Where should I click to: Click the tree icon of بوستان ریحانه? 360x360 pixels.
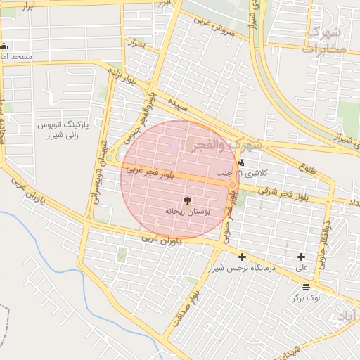pyautogui.click(x=186, y=200)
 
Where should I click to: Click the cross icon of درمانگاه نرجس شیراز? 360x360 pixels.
pyautogui.click(x=243, y=257)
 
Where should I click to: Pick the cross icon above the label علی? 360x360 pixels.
pyautogui.click(x=302, y=257)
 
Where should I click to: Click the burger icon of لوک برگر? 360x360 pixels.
pyautogui.click(x=306, y=287)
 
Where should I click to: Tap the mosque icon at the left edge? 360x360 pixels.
pyautogui.click(x=4, y=46)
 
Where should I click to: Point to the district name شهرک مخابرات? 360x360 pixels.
pyautogui.click(x=325, y=40)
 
